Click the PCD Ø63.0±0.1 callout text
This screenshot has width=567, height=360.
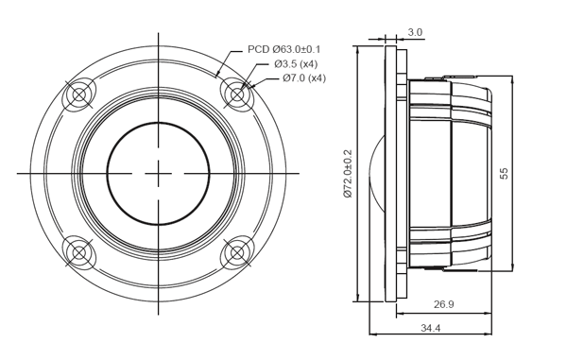pyautogui.click(x=283, y=48)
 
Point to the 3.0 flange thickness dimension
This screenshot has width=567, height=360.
pyautogui.click(x=415, y=32)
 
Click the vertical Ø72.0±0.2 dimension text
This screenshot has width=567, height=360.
pyautogui.click(x=348, y=173)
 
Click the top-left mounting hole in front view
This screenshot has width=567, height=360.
pyautogui.click(x=78, y=94)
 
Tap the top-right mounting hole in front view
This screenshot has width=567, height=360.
pyautogui.click(x=236, y=94)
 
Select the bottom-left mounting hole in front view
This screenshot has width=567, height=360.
pyautogui.click(x=78, y=252)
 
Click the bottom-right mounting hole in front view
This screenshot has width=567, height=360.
pyautogui.click(x=236, y=252)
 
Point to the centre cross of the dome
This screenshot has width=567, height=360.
pyautogui.click(x=158, y=173)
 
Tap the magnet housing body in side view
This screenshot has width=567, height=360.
pyautogui.click(x=454, y=173)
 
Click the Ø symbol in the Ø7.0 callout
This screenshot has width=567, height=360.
pyautogui.click(x=287, y=77)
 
